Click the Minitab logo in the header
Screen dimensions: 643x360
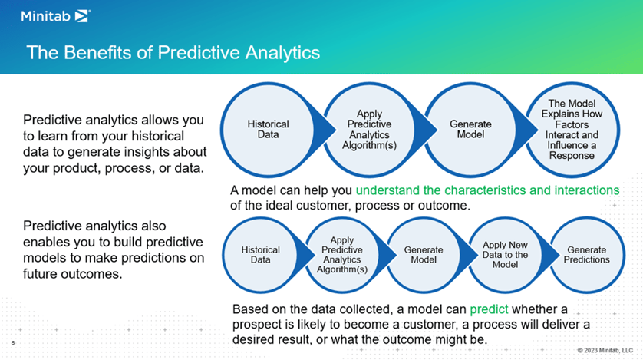56,16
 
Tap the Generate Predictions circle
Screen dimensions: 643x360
587,255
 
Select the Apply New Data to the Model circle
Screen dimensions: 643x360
505,255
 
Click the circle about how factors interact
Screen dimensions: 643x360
572,130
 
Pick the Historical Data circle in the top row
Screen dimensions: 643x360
269,130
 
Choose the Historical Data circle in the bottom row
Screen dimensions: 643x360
260,255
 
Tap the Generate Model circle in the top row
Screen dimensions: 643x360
471,130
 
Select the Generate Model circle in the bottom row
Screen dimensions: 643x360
424,255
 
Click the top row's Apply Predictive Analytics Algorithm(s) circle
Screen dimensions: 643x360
370,130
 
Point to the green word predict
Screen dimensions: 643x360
489,309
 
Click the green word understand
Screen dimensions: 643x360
387,190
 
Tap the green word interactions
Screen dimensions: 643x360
587,190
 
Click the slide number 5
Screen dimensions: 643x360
13,343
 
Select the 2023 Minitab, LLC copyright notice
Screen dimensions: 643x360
605,350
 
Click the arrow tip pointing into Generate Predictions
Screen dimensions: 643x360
559,255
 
